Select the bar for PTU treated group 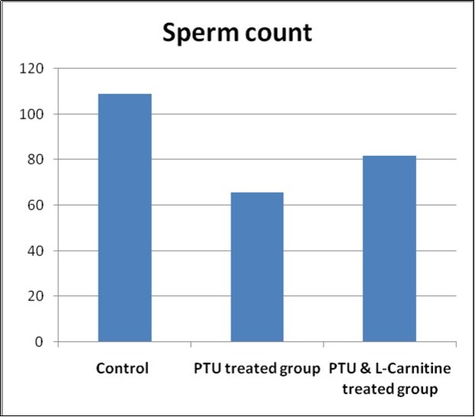coord(257,267)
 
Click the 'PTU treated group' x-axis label coord(257,369)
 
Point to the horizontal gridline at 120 coord(260,69)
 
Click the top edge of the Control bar coord(124,94)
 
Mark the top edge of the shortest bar coord(257,192)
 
